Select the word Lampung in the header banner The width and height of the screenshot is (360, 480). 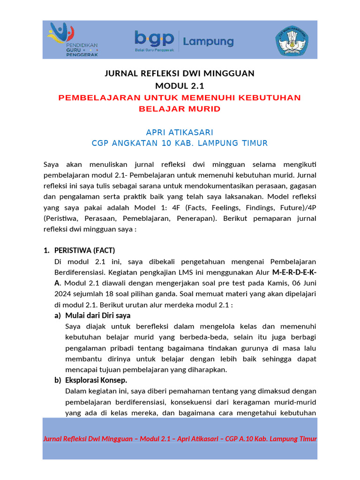click(x=208, y=41)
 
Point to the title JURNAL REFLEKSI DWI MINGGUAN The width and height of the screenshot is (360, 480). click(x=180, y=74)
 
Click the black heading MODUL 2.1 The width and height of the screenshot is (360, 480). click(x=180, y=86)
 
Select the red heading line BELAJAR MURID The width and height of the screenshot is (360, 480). click(x=180, y=109)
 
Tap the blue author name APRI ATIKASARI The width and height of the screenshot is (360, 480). click(x=180, y=133)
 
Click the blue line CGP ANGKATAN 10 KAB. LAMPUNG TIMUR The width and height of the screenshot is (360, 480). click(x=180, y=143)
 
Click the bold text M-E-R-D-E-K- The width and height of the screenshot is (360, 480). click(x=294, y=272)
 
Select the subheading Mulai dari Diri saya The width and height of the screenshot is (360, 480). click(x=97, y=315)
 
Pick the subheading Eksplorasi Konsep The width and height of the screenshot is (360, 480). click(x=96, y=380)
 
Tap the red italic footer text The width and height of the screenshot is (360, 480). click(x=180, y=439)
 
